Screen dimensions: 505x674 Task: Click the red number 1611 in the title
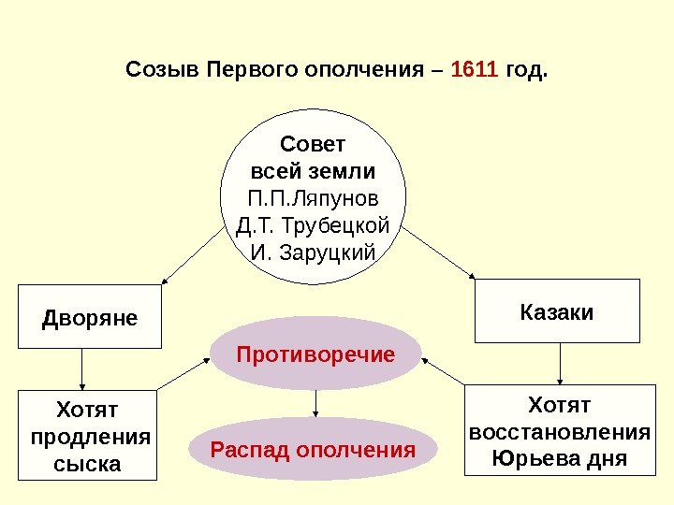[475, 70]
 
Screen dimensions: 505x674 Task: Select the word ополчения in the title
[374, 70]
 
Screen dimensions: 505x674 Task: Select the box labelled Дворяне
[90, 318]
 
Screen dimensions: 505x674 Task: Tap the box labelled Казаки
[557, 311]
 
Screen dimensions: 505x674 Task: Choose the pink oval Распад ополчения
[313, 451]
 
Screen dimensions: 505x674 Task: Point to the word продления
[91, 437]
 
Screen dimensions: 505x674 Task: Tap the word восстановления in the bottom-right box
[559, 433]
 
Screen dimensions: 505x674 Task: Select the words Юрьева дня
[559, 459]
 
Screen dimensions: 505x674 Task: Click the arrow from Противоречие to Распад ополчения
[315, 403]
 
